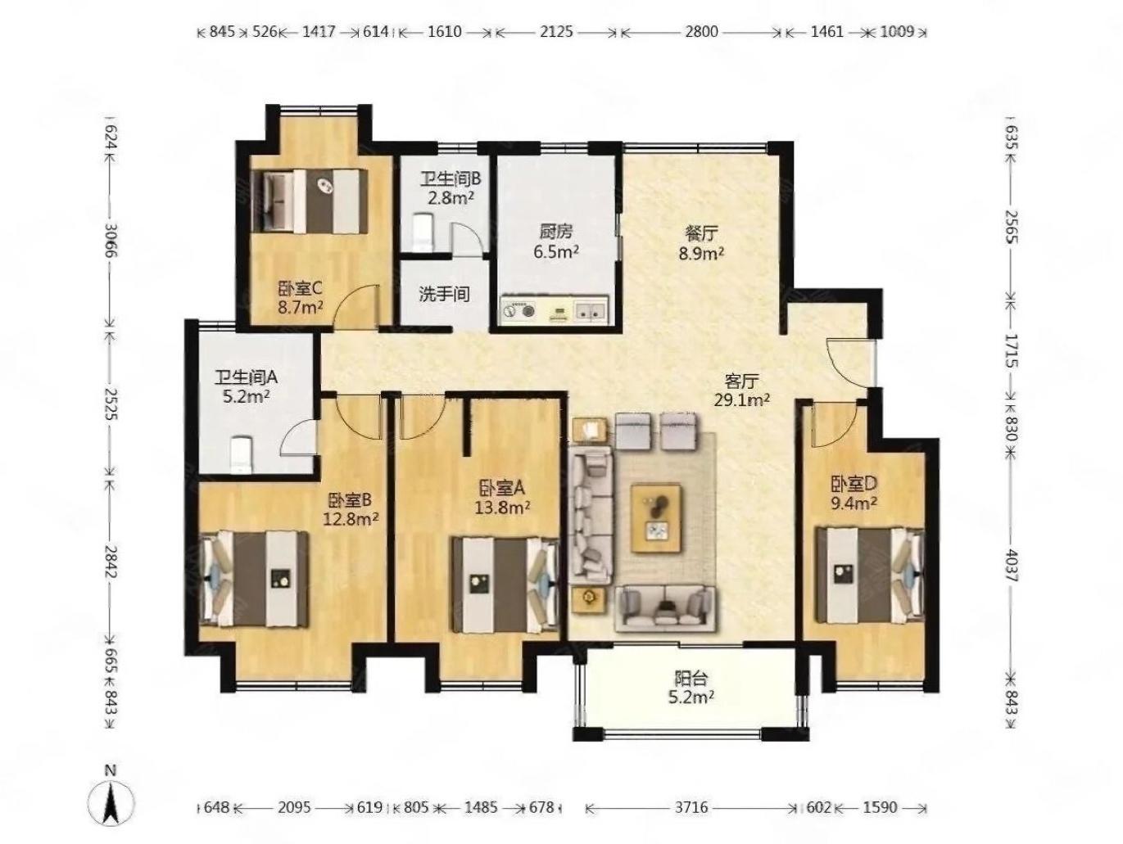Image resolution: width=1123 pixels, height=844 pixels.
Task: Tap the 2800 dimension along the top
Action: [701, 32]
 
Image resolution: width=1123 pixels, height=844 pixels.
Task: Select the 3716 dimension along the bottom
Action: [691, 807]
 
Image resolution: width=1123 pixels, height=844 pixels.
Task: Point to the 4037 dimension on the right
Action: [1012, 564]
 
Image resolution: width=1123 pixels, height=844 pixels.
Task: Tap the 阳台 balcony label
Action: [691, 679]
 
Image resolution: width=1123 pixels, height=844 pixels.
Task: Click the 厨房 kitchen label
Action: [555, 232]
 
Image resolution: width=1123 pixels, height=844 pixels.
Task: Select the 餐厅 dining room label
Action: [701, 233]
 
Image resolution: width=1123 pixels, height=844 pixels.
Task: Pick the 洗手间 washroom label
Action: [444, 294]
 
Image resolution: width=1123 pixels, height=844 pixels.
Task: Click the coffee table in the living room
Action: [656, 518]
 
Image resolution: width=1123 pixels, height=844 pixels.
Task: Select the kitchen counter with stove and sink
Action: [555, 309]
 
